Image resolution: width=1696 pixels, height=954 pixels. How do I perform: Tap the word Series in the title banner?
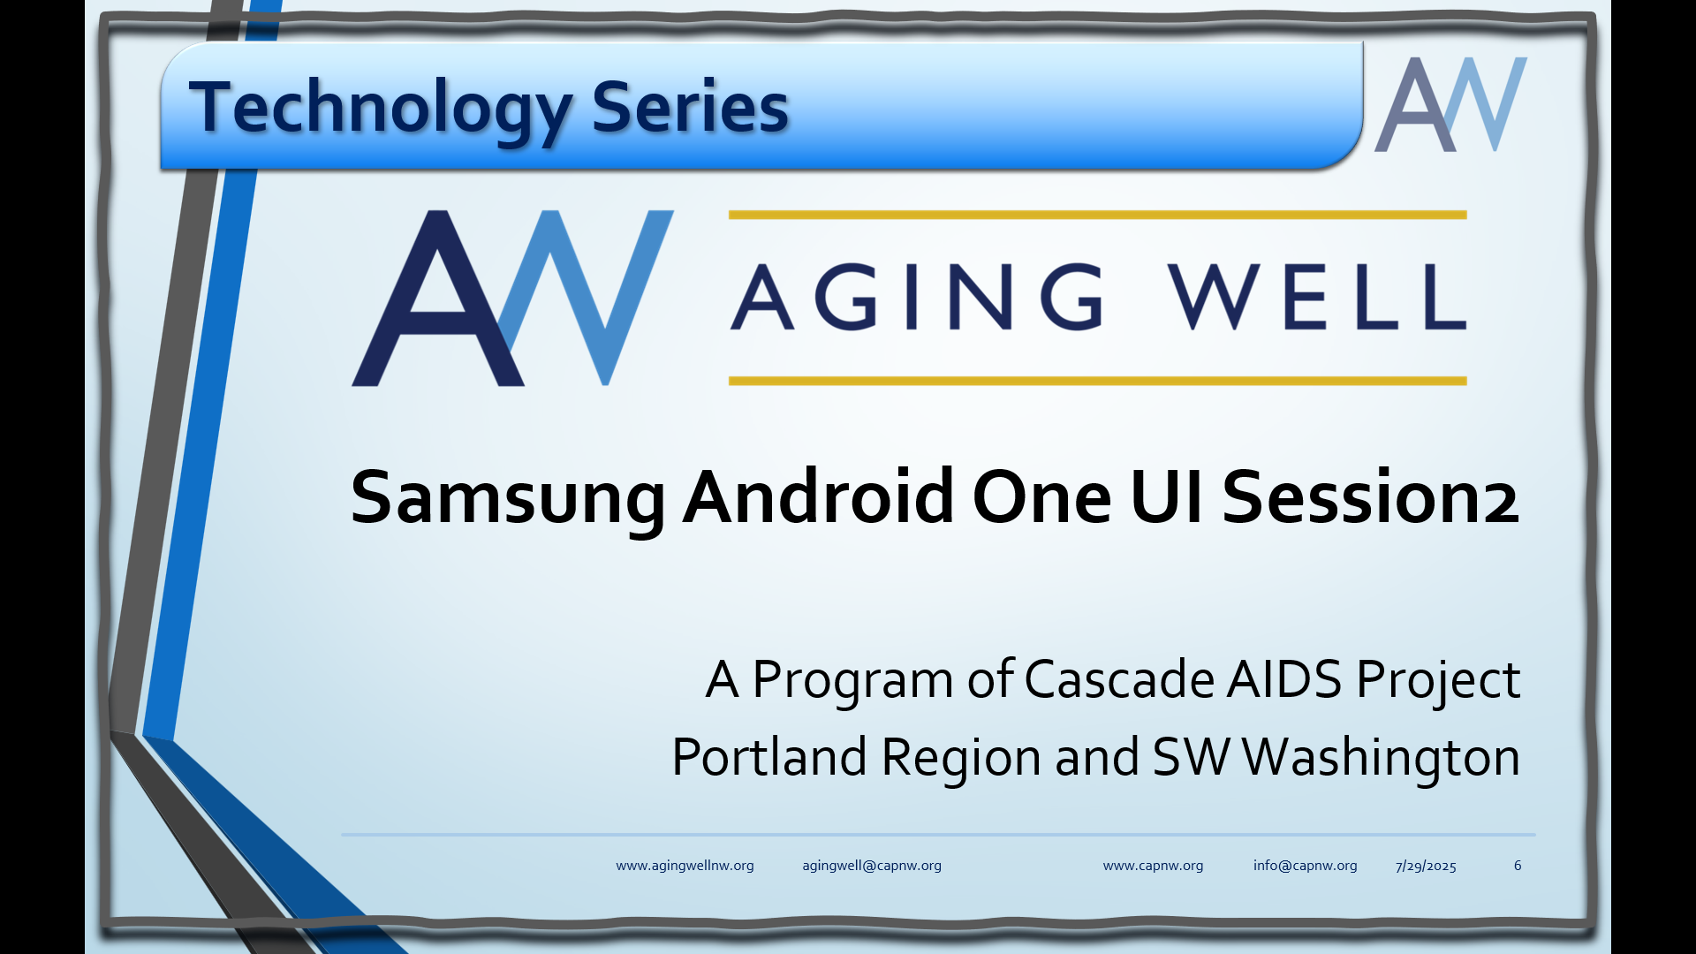coord(690,107)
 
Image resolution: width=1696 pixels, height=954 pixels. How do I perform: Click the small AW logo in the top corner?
coord(1450,104)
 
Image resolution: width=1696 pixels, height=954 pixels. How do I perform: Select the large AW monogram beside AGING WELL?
coord(512,298)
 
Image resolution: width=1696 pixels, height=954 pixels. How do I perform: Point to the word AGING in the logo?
coord(918,296)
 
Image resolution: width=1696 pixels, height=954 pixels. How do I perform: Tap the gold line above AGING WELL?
coord(1097,215)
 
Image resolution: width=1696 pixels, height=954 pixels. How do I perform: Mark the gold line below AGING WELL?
coord(1097,381)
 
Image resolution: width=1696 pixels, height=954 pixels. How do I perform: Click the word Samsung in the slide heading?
coord(508,499)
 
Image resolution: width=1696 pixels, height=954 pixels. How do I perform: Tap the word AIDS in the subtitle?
coord(1284,680)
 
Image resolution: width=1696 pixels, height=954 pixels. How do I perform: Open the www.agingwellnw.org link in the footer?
coord(685,866)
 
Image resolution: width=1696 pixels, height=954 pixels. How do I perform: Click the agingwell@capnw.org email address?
coord(872,866)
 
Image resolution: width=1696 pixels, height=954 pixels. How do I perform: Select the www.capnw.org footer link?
coord(1153,866)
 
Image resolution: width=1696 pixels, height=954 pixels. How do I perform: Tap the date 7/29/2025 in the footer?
coord(1426,866)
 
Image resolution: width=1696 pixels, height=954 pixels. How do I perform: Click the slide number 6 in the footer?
coord(1518,866)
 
